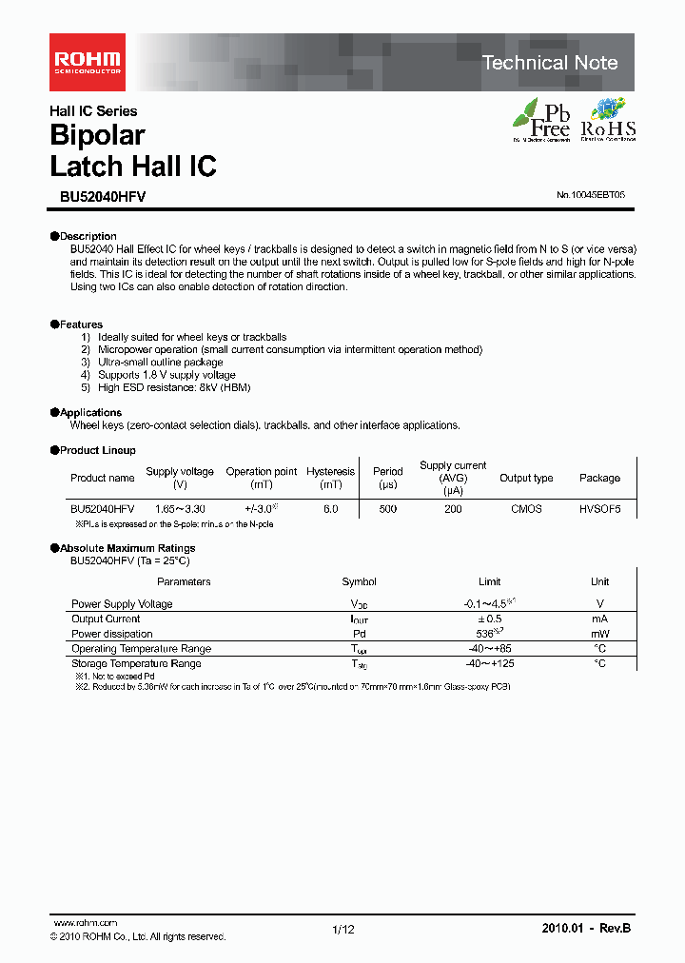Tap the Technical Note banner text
550,63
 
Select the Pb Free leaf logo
542,120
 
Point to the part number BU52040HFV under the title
97,195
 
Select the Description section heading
88,236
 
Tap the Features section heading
81,324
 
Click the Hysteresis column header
330,472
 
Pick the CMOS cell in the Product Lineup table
526,509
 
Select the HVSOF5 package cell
599,509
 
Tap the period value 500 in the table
387,509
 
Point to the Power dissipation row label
111,634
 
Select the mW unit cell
599,634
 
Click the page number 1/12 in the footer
342,930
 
